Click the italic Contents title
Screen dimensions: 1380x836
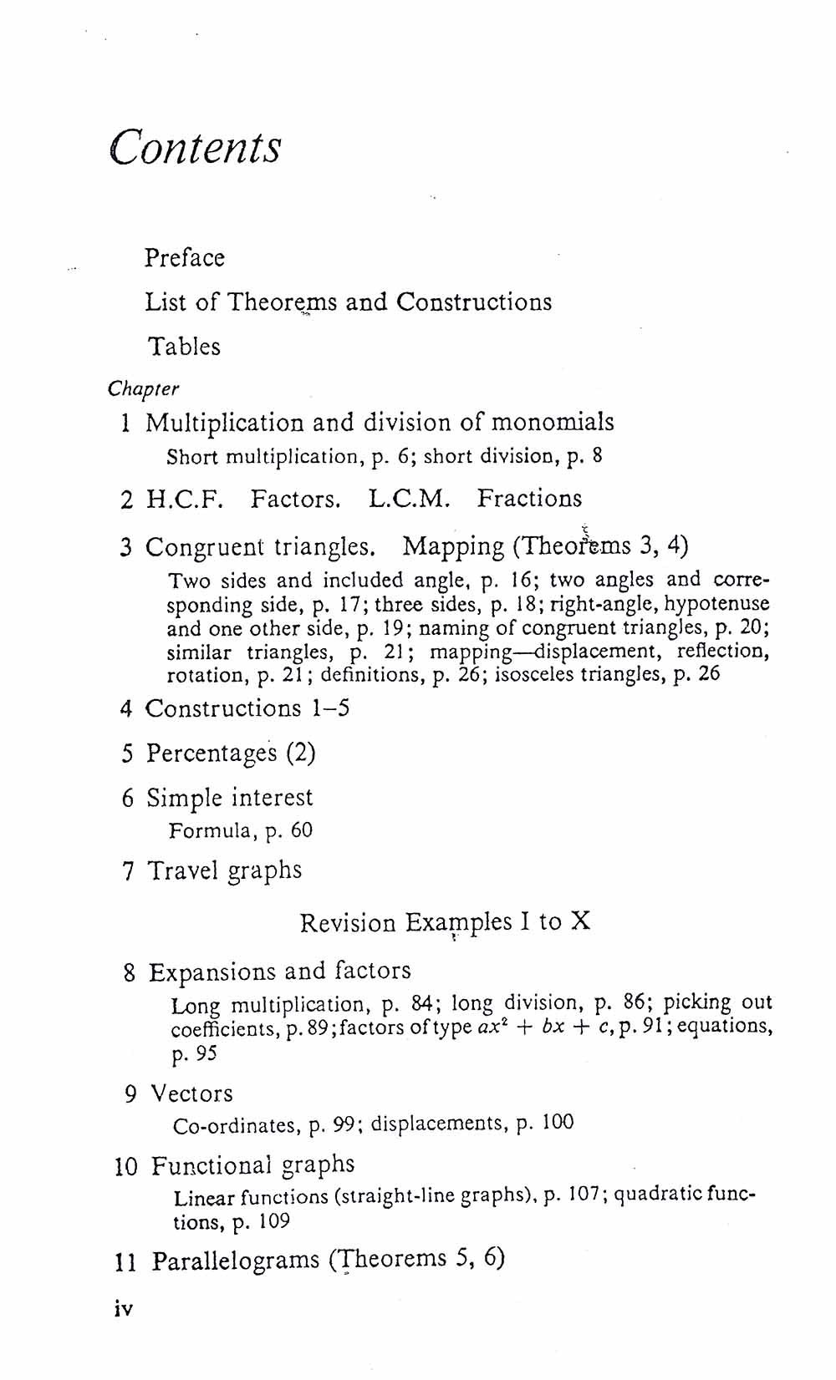[x=196, y=148]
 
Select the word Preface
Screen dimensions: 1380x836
[x=185, y=257]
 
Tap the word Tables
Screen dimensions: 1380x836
[x=185, y=346]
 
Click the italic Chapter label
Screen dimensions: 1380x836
[x=143, y=389]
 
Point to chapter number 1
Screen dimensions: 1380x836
[x=125, y=424]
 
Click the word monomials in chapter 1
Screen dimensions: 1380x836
[x=552, y=422]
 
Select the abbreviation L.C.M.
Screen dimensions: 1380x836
[x=409, y=500]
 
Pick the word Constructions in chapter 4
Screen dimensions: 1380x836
[x=223, y=708]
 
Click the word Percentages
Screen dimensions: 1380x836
[x=212, y=753]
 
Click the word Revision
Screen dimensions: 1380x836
[x=348, y=923]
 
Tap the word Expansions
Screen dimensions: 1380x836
[x=213, y=972]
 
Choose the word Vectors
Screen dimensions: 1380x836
[x=192, y=1093]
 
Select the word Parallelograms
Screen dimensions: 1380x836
[x=236, y=1261]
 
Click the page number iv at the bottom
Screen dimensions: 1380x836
[x=123, y=1309]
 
